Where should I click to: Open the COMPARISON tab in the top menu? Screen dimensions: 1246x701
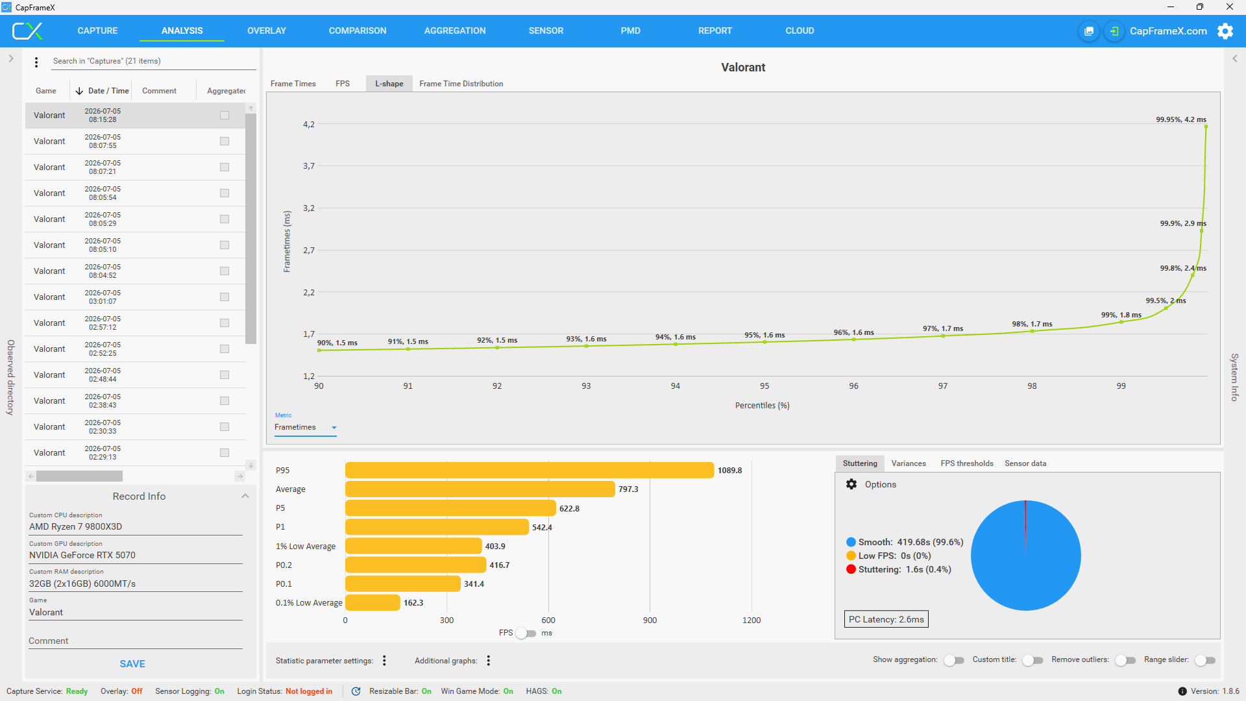click(x=358, y=31)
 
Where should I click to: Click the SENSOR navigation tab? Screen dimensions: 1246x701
click(x=546, y=31)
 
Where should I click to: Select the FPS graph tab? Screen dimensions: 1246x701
click(x=343, y=84)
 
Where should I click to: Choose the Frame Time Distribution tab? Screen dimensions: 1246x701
click(x=461, y=84)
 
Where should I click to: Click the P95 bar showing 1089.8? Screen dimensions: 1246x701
click(x=530, y=470)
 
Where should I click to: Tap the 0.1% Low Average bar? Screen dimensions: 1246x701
click(x=373, y=602)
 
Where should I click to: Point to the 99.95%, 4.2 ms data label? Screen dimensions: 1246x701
click(x=1181, y=119)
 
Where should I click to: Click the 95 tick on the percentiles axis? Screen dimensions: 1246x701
click(x=764, y=386)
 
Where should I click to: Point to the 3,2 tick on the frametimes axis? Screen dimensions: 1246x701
click(x=309, y=208)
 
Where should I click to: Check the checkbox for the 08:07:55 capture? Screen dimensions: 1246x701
click(x=225, y=141)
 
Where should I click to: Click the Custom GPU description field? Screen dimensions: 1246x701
click(x=136, y=555)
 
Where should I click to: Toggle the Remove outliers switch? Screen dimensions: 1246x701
click(x=1125, y=660)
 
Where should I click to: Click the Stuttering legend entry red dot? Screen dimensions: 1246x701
click(x=851, y=569)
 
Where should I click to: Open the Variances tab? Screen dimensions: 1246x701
click(x=909, y=463)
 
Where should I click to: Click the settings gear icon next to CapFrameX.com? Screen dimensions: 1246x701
click(x=1225, y=31)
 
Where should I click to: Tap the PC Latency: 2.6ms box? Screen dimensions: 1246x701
click(x=886, y=619)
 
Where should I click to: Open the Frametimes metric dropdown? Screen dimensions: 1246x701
click(x=305, y=427)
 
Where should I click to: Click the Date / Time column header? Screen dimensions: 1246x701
click(x=102, y=91)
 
